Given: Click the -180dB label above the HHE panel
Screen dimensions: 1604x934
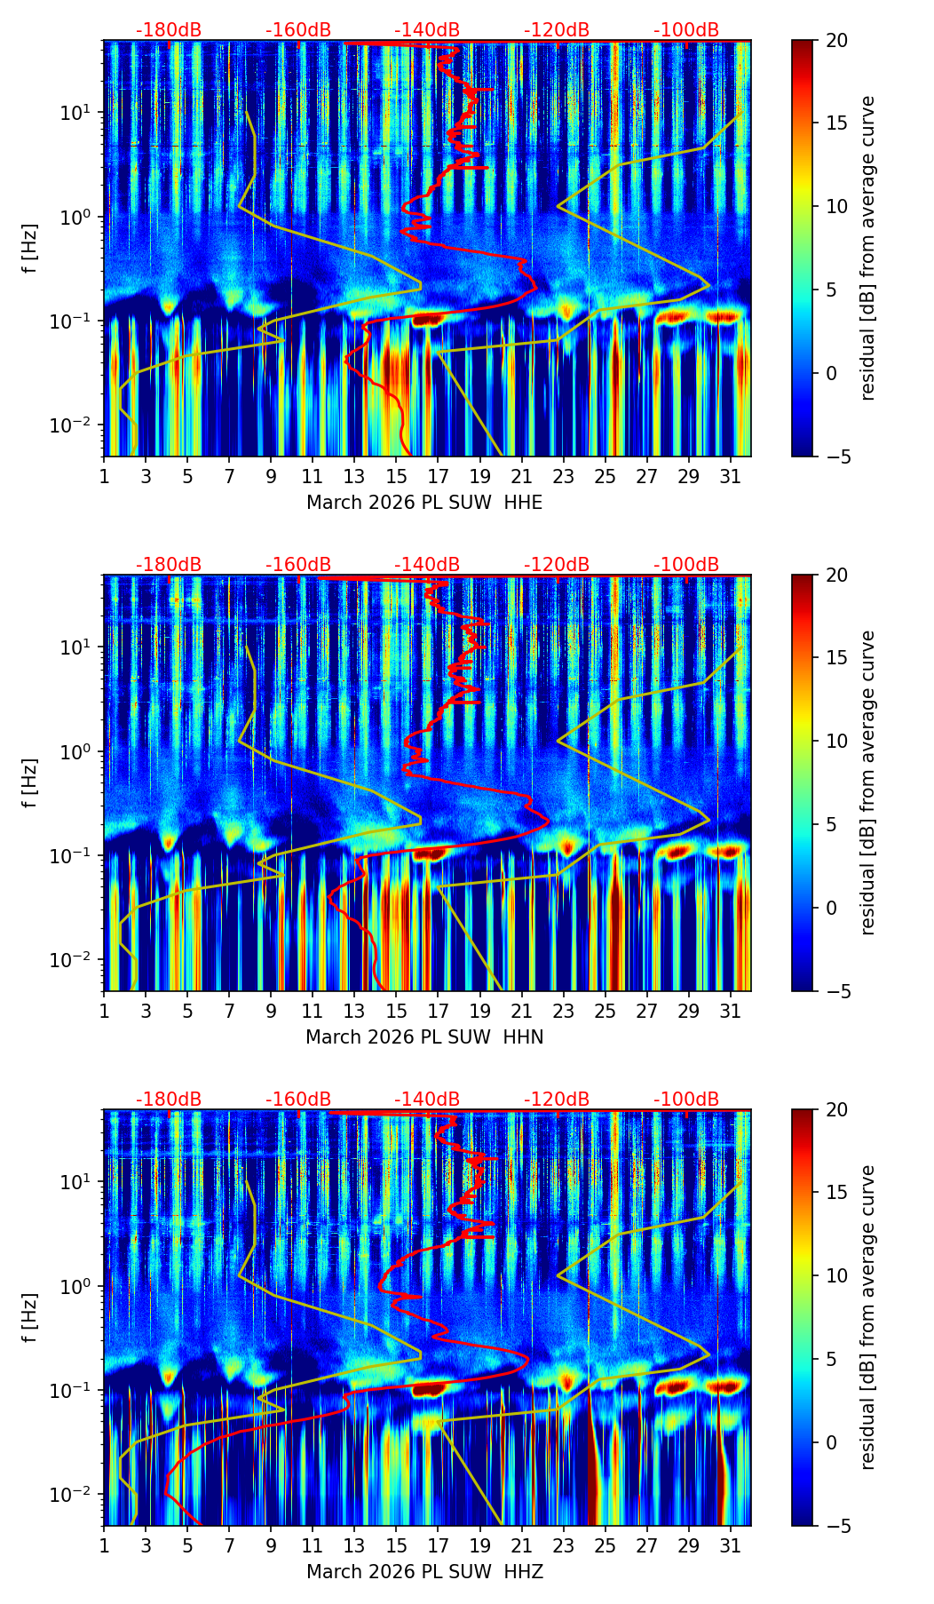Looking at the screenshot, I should click(169, 30).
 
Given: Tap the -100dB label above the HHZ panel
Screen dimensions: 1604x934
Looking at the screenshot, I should click(686, 1100).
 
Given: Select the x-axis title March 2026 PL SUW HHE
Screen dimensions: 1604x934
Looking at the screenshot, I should click(424, 503).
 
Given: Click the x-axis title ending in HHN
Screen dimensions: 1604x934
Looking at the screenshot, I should click(424, 1037).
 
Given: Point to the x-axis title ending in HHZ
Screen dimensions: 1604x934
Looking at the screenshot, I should click(424, 1572).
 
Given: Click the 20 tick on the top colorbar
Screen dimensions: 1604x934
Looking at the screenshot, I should click(835, 41).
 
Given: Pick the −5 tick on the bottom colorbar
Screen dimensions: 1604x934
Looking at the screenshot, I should click(835, 1526).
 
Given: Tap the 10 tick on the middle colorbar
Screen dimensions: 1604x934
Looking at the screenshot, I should click(835, 741).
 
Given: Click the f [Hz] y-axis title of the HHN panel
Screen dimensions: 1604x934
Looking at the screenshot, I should click(31, 783).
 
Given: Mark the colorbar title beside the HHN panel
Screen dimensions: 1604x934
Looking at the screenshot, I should click(868, 782).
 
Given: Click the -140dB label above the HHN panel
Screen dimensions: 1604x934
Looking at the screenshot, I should click(427, 565).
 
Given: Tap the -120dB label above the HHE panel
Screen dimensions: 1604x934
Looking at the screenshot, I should click(557, 30).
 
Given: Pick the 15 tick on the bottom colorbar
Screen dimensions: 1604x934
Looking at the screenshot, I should click(835, 1193).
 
